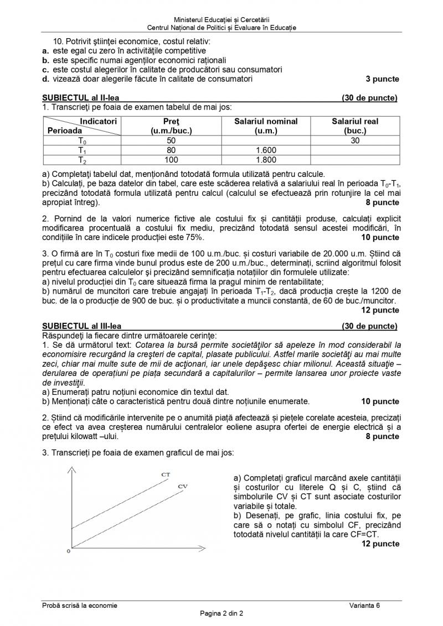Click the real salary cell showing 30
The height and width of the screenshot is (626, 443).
pos(355,140)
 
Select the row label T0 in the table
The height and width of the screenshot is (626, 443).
pos(82,140)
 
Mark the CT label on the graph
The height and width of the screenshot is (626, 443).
pos(166,474)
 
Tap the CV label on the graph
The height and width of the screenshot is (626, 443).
pos(183,486)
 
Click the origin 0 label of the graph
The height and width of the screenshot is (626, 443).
pos(68,551)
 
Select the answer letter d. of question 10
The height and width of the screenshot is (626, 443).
pos(46,79)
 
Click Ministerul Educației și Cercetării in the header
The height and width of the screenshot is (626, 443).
pos(221,20)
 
